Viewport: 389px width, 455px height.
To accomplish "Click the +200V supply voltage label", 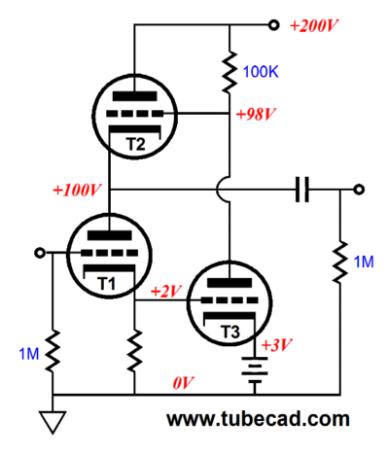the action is [x=314, y=26].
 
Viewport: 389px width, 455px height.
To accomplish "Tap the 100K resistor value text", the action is [x=261, y=72].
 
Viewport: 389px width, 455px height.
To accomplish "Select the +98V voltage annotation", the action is [x=256, y=115].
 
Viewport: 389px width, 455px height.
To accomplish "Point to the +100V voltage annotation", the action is [x=77, y=190].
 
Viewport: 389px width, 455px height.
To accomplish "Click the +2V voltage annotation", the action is [x=166, y=292].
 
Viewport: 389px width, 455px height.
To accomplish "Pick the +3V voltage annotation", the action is [x=277, y=345].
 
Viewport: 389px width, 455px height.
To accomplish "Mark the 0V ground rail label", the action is [x=183, y=383].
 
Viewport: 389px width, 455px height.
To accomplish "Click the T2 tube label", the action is [x=136, y=144].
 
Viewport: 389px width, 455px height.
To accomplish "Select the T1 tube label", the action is [x=106, y=284].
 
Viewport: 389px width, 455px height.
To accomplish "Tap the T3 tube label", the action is [x=230, y=332].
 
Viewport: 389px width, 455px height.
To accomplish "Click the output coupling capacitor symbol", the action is [x=302, y=190].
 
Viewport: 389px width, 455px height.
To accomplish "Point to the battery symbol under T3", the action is [x=255, y=371].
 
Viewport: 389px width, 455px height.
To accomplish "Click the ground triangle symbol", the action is [x=53, y=422].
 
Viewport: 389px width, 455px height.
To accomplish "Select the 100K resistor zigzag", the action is [x=230, y=71].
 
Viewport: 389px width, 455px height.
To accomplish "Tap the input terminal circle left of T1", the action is [x=40, y=253].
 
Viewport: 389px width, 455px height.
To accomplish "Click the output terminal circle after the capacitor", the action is [x=359, y=190].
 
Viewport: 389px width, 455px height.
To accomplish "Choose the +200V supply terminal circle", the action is [x=274, y=25].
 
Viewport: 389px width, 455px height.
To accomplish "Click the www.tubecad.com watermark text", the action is [x=258, y=419].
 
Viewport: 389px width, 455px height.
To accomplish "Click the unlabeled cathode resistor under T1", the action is [x=134, y=350].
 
